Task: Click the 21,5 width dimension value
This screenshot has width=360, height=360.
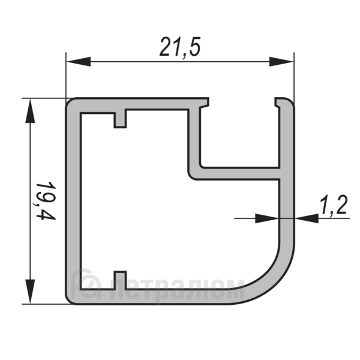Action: tap(180, 47)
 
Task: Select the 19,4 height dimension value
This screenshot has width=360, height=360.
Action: tap(46, 200)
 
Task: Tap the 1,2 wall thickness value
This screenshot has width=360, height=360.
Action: tap(334, 205)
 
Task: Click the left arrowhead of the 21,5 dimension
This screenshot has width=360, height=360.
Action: tap(78, 62)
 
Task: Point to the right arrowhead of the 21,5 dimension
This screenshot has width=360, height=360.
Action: tap(281, 62)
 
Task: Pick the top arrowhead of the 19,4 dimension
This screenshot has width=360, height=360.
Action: tap(30, 110)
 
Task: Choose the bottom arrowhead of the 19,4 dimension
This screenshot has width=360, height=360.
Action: tap(30, 292)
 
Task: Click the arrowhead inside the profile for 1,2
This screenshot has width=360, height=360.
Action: tap(267, 218)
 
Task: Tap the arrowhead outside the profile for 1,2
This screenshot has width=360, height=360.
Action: tap(307, 218)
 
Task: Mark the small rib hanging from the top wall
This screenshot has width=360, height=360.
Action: tap(120, 118)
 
